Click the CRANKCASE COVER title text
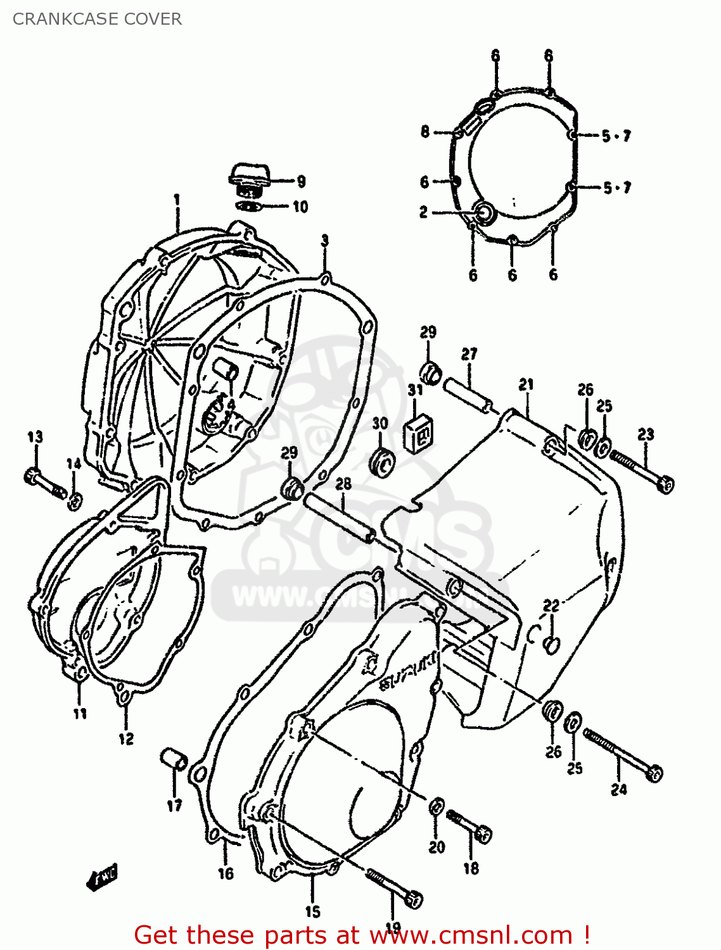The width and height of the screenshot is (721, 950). [97, 19]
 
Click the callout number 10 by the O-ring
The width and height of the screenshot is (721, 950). [300, 207]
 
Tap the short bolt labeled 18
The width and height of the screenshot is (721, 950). [469, 826]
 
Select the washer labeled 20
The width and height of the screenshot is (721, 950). [437, 807]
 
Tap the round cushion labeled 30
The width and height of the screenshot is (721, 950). [382, 463]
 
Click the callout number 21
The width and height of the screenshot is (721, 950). [526, 384]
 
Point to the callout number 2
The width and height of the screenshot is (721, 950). [423, 212]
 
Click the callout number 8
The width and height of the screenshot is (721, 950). [424, 132]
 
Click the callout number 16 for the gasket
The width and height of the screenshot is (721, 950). [226, 873]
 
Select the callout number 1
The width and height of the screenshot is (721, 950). [177, 200]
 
